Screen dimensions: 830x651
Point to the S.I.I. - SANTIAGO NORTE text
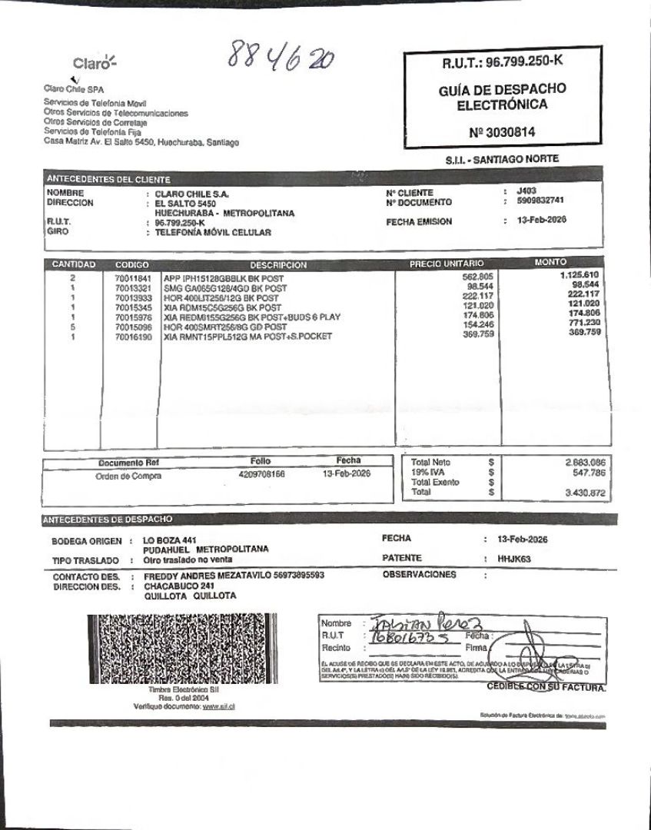[501, 159]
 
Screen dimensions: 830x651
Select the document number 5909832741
[541, 201]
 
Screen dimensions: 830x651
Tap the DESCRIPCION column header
[277, 265]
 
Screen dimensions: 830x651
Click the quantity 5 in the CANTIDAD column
[72, 326]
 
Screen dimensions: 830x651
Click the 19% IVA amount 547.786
[586, 473]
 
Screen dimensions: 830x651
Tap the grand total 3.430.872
[585, 492]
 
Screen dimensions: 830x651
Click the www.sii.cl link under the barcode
[219, 705]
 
